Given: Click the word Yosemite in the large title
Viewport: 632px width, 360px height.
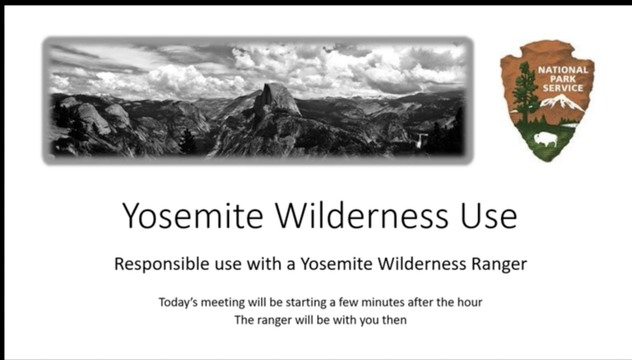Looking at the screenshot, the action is point(193,216).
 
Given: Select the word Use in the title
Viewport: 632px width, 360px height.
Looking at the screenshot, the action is point(489,216).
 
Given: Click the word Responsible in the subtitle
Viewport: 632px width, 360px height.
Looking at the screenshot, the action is point(162,264).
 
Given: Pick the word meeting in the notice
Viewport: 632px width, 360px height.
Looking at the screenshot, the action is point(223,303).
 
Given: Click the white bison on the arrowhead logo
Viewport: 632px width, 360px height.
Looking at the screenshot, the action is point(546,139).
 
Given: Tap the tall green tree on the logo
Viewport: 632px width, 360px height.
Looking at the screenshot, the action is point(524,93).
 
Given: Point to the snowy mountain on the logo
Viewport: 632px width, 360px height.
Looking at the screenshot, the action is point(562,102).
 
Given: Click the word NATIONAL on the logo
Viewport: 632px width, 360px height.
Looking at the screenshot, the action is point(563,70).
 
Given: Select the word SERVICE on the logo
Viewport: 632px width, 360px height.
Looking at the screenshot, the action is point(563,88).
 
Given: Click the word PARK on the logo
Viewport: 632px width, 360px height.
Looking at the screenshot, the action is point(563,79).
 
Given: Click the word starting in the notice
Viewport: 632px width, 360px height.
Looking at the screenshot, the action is point(306,303).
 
